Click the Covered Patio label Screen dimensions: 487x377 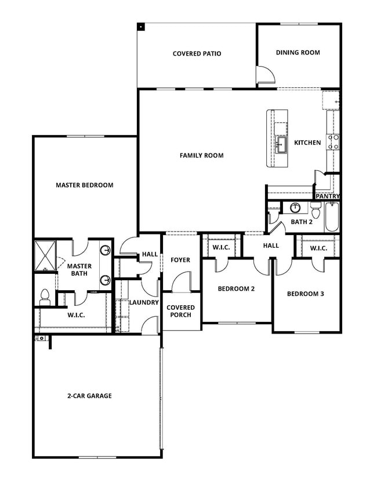[197, 54]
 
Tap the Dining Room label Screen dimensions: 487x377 [298, 53]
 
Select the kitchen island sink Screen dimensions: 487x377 [282, 144]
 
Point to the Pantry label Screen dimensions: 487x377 [327, 196]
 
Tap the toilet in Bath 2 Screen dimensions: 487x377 [316, 207]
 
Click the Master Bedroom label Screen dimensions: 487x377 [84, 185]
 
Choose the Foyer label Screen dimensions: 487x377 [180, 260]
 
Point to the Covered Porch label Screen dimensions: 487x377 [181, 311]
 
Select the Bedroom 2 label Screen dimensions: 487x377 [236, 288]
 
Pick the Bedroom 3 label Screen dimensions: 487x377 [305, 294]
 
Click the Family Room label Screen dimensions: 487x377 [201, 155]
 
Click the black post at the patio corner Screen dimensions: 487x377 [140, 26]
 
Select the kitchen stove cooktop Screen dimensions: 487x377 [334, 142]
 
